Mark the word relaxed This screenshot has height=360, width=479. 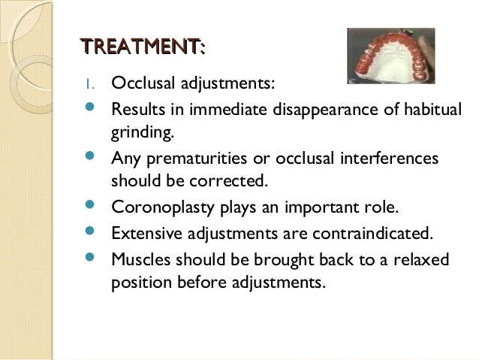[420, 259]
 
